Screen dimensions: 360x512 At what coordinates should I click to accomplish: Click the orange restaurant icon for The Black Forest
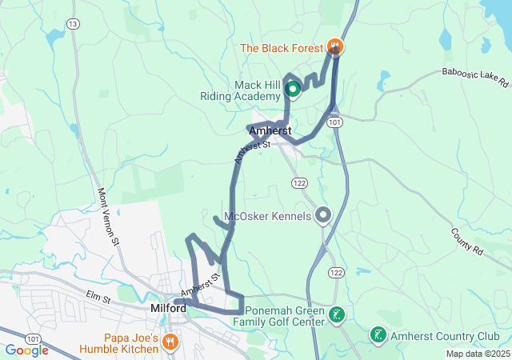click(336, 47)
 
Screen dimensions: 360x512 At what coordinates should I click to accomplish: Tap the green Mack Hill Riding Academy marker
click(293, 90)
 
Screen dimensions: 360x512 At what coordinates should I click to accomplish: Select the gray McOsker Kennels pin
click(323, 215)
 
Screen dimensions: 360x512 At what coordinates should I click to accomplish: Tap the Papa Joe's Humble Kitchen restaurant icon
click(170, 342)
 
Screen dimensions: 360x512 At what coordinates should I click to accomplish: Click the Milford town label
click(168, 308)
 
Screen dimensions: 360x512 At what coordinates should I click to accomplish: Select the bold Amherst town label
click(270, 130)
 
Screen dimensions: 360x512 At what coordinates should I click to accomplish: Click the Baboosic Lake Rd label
click(475, 76)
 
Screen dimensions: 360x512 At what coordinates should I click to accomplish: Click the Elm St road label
click(98, 298)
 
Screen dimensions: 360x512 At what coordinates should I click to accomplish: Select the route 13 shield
click(74, 24)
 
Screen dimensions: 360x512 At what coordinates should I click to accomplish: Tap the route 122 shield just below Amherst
click(299, 183)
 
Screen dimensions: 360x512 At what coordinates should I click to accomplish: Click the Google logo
click(26, 350)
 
